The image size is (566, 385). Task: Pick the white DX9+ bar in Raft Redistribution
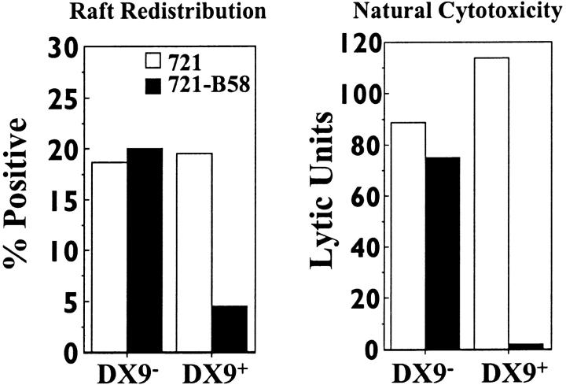194,252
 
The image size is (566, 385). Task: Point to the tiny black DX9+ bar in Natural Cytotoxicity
526,346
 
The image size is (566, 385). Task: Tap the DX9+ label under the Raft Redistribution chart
213,370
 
